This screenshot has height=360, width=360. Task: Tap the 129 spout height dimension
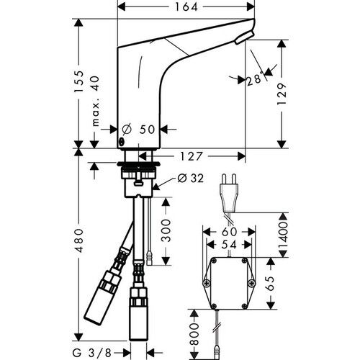pyautogui.click(x=282, y=94)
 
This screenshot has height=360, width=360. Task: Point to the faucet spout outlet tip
pyautogui.click(x=247, y=35)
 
